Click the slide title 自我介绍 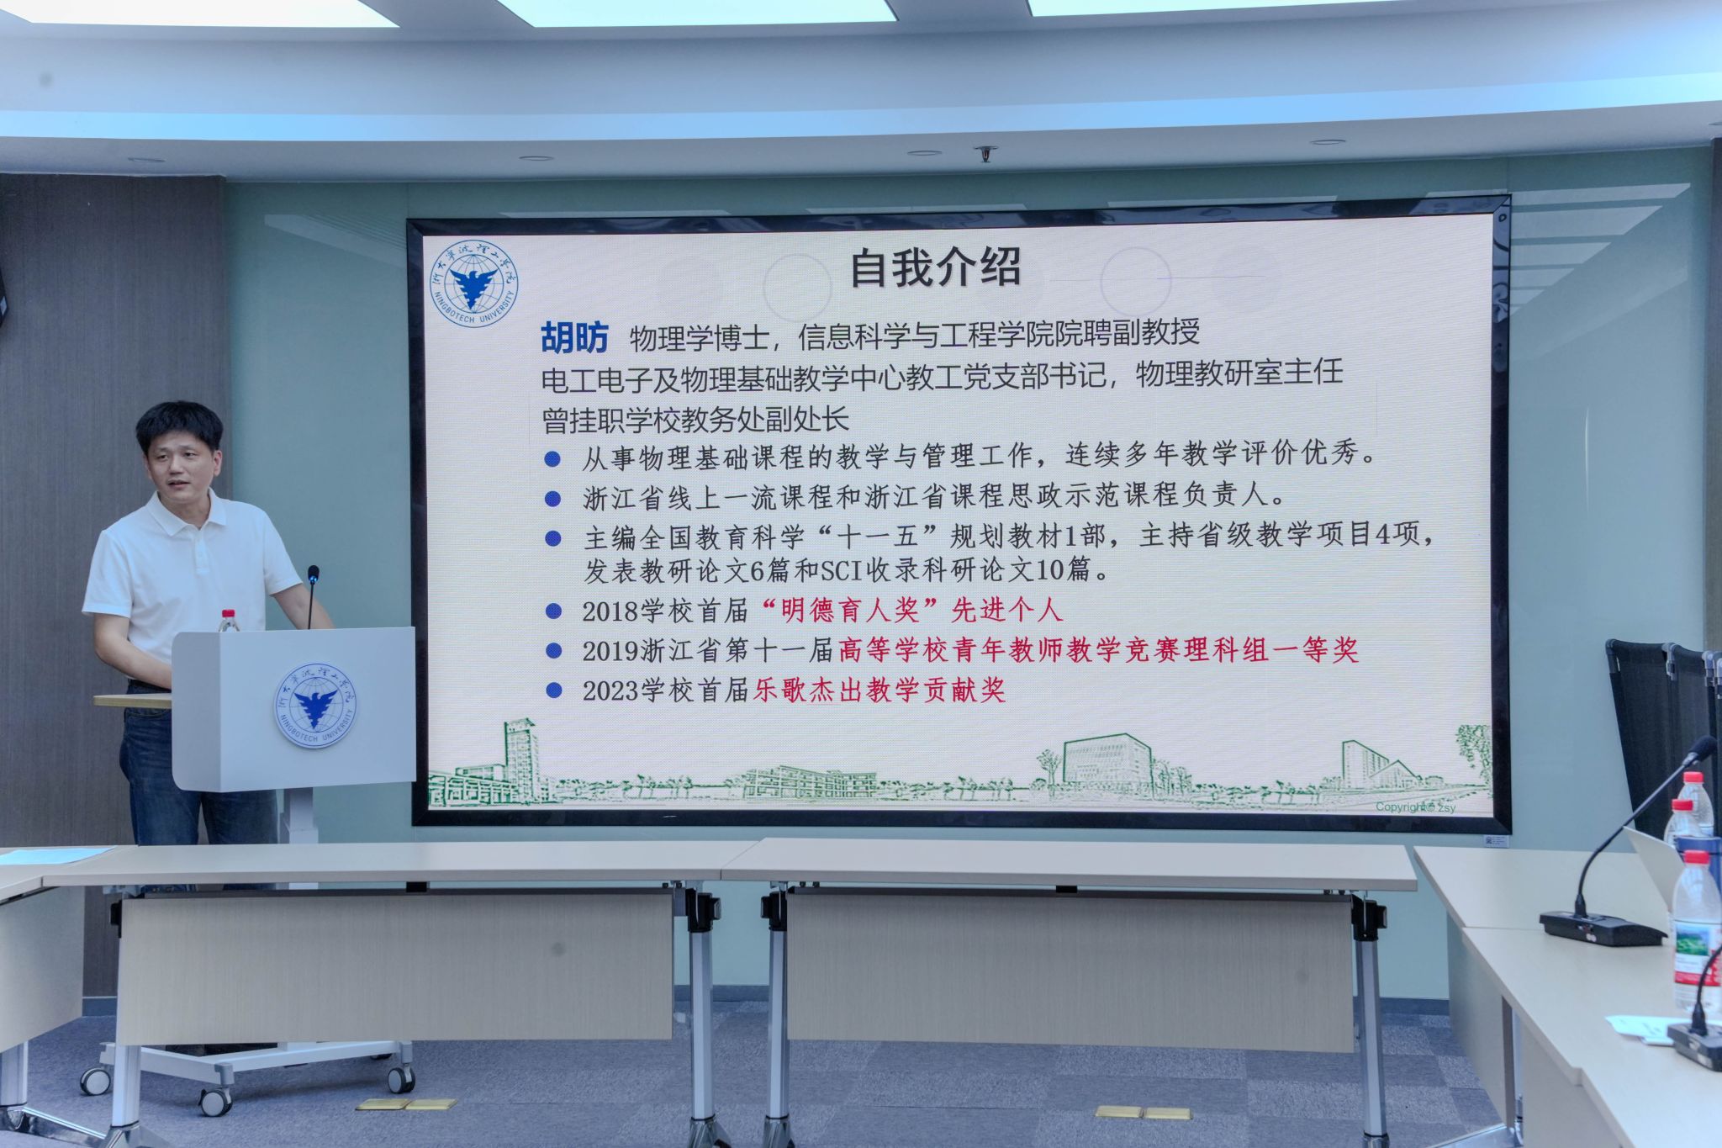(x=935, y=267)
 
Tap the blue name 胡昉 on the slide (x=574, y=338)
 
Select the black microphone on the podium (x=312, y=596)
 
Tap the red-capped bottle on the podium (x=228, y=621)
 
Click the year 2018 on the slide (x=610, y=611)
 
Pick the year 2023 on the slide (x=610, y=691)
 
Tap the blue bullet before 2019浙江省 (x=553, y=650)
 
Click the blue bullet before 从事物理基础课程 (x=552, y=458)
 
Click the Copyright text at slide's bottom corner (x=1415, y=807)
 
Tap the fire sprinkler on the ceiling (x=985, y=154)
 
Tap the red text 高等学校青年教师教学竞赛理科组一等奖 (x=1098, y=650)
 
